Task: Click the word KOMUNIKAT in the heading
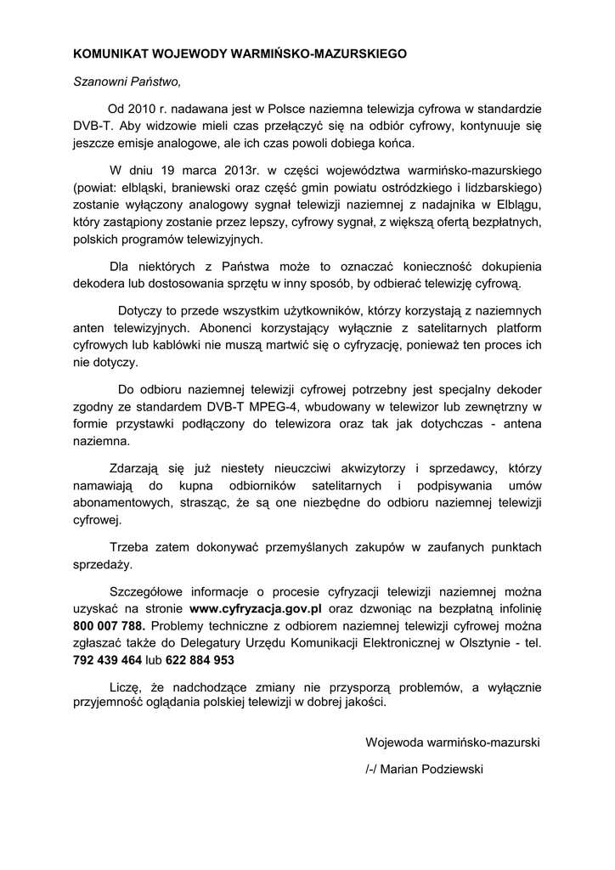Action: (109, 54)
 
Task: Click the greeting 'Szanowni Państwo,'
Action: (127, 82)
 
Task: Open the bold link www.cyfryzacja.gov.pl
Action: (255, 608)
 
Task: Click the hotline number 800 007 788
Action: (108, 626)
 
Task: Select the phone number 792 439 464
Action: (107, 659)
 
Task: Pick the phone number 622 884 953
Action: (200, 659)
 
